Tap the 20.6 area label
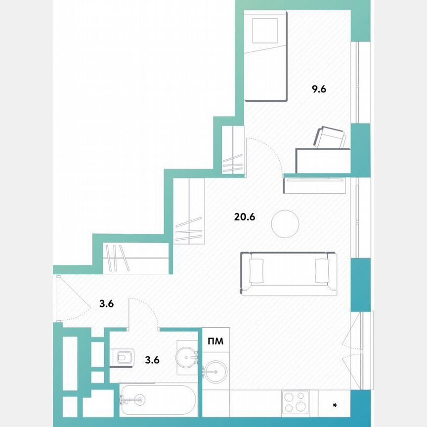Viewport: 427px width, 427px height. click(x=244, y=216)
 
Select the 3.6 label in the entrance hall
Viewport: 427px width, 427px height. click(x=107, y=304)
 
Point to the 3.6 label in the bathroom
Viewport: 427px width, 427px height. click(x=152, y=360)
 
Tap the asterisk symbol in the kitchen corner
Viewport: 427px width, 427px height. click(x=335, y=406)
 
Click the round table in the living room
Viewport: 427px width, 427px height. click(x=285, y=224)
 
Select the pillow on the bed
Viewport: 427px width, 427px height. click(x=265, y=31)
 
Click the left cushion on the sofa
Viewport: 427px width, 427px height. click(x=257, y=270)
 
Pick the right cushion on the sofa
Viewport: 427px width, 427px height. click(x=322, y=270)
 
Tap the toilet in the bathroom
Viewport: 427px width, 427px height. click(x=123, y=357)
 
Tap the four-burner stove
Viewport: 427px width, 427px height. click(x=295, y=401)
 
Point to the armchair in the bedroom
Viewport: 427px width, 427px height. click(x=331, y=137)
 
